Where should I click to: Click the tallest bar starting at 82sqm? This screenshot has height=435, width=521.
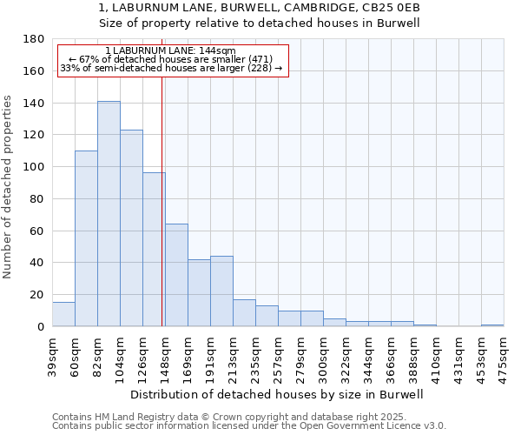(x=109, y=214)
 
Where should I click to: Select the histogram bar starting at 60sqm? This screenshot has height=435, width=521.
(x=86, y=238)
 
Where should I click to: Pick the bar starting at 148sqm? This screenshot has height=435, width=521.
(x=176, y=275)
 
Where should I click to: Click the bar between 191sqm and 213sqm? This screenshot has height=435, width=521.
(x=221, y=291)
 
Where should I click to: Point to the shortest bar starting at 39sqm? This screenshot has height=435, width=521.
(x=63, y=314)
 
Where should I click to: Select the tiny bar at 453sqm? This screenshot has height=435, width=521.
(x=492, y=325)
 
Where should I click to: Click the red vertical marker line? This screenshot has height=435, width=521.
(x=162, y=200)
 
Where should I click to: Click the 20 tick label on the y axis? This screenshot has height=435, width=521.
(x=36, y=295)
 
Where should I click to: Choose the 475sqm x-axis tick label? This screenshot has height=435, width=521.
(x=504, y=355)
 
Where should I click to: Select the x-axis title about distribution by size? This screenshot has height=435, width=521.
(x=277, y=394)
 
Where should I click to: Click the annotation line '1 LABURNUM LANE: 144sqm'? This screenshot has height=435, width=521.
(x=169, y=51)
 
